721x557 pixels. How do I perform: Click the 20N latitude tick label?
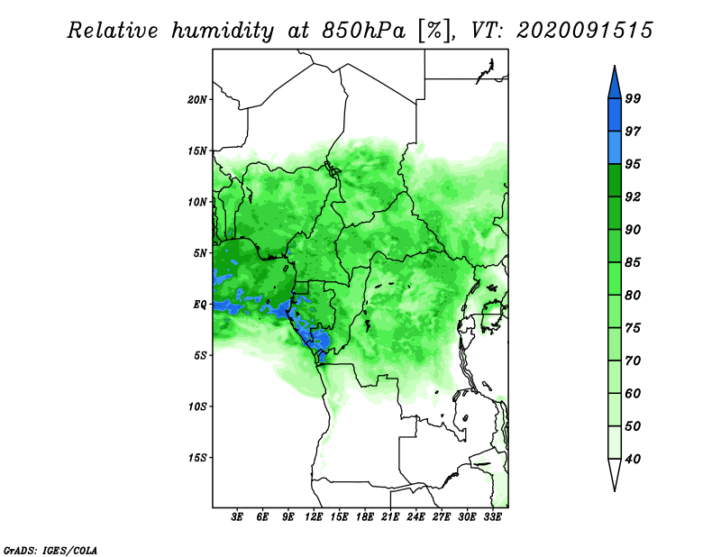(x=197, y=100)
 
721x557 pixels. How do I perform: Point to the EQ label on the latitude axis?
(x=200, y=305)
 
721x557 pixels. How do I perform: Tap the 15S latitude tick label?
(x=197, y=458)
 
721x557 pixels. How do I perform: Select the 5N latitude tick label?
(x=200, y=253)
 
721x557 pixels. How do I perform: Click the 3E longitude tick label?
(x=237, y=517)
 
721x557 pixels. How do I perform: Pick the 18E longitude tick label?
(x=365, y=517)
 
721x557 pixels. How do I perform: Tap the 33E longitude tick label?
(x=492, y=517)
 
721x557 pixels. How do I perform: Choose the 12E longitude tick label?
(x=314, y=517)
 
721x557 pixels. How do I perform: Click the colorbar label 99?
(x=633, y=98)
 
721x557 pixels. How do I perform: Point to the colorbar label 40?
(x=633, y=459)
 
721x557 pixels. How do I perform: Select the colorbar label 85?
(x=633, y=262)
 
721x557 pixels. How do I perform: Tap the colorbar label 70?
(x=633, y=361)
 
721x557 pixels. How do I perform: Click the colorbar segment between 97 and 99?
(x=615, y=115)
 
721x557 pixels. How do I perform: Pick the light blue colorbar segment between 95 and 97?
(x=615, y=148)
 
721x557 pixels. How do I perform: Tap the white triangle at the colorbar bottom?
(x=615, y=473)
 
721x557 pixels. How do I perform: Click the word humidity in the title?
(x=223, y=31)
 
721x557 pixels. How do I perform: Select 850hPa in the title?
(x=364, y=31)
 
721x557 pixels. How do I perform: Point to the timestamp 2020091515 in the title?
(x=584, y=31)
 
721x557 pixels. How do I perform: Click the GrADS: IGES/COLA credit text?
(x=50, y=551)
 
